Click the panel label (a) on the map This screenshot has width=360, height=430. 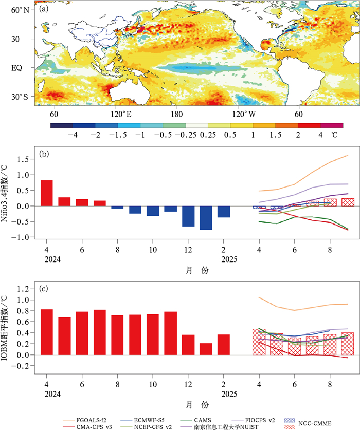pyautogui.click(x=44, y=9)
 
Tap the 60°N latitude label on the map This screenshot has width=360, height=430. pyautogui.click(x=19, y=10)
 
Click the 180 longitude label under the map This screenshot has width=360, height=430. pyautogui.click(x=176, y=114)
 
